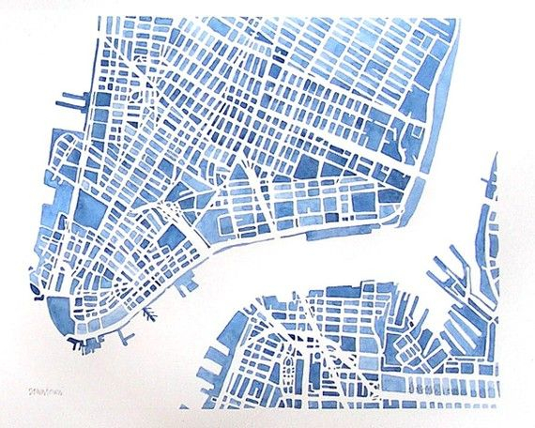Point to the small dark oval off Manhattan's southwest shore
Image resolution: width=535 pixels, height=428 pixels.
[36, 291]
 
